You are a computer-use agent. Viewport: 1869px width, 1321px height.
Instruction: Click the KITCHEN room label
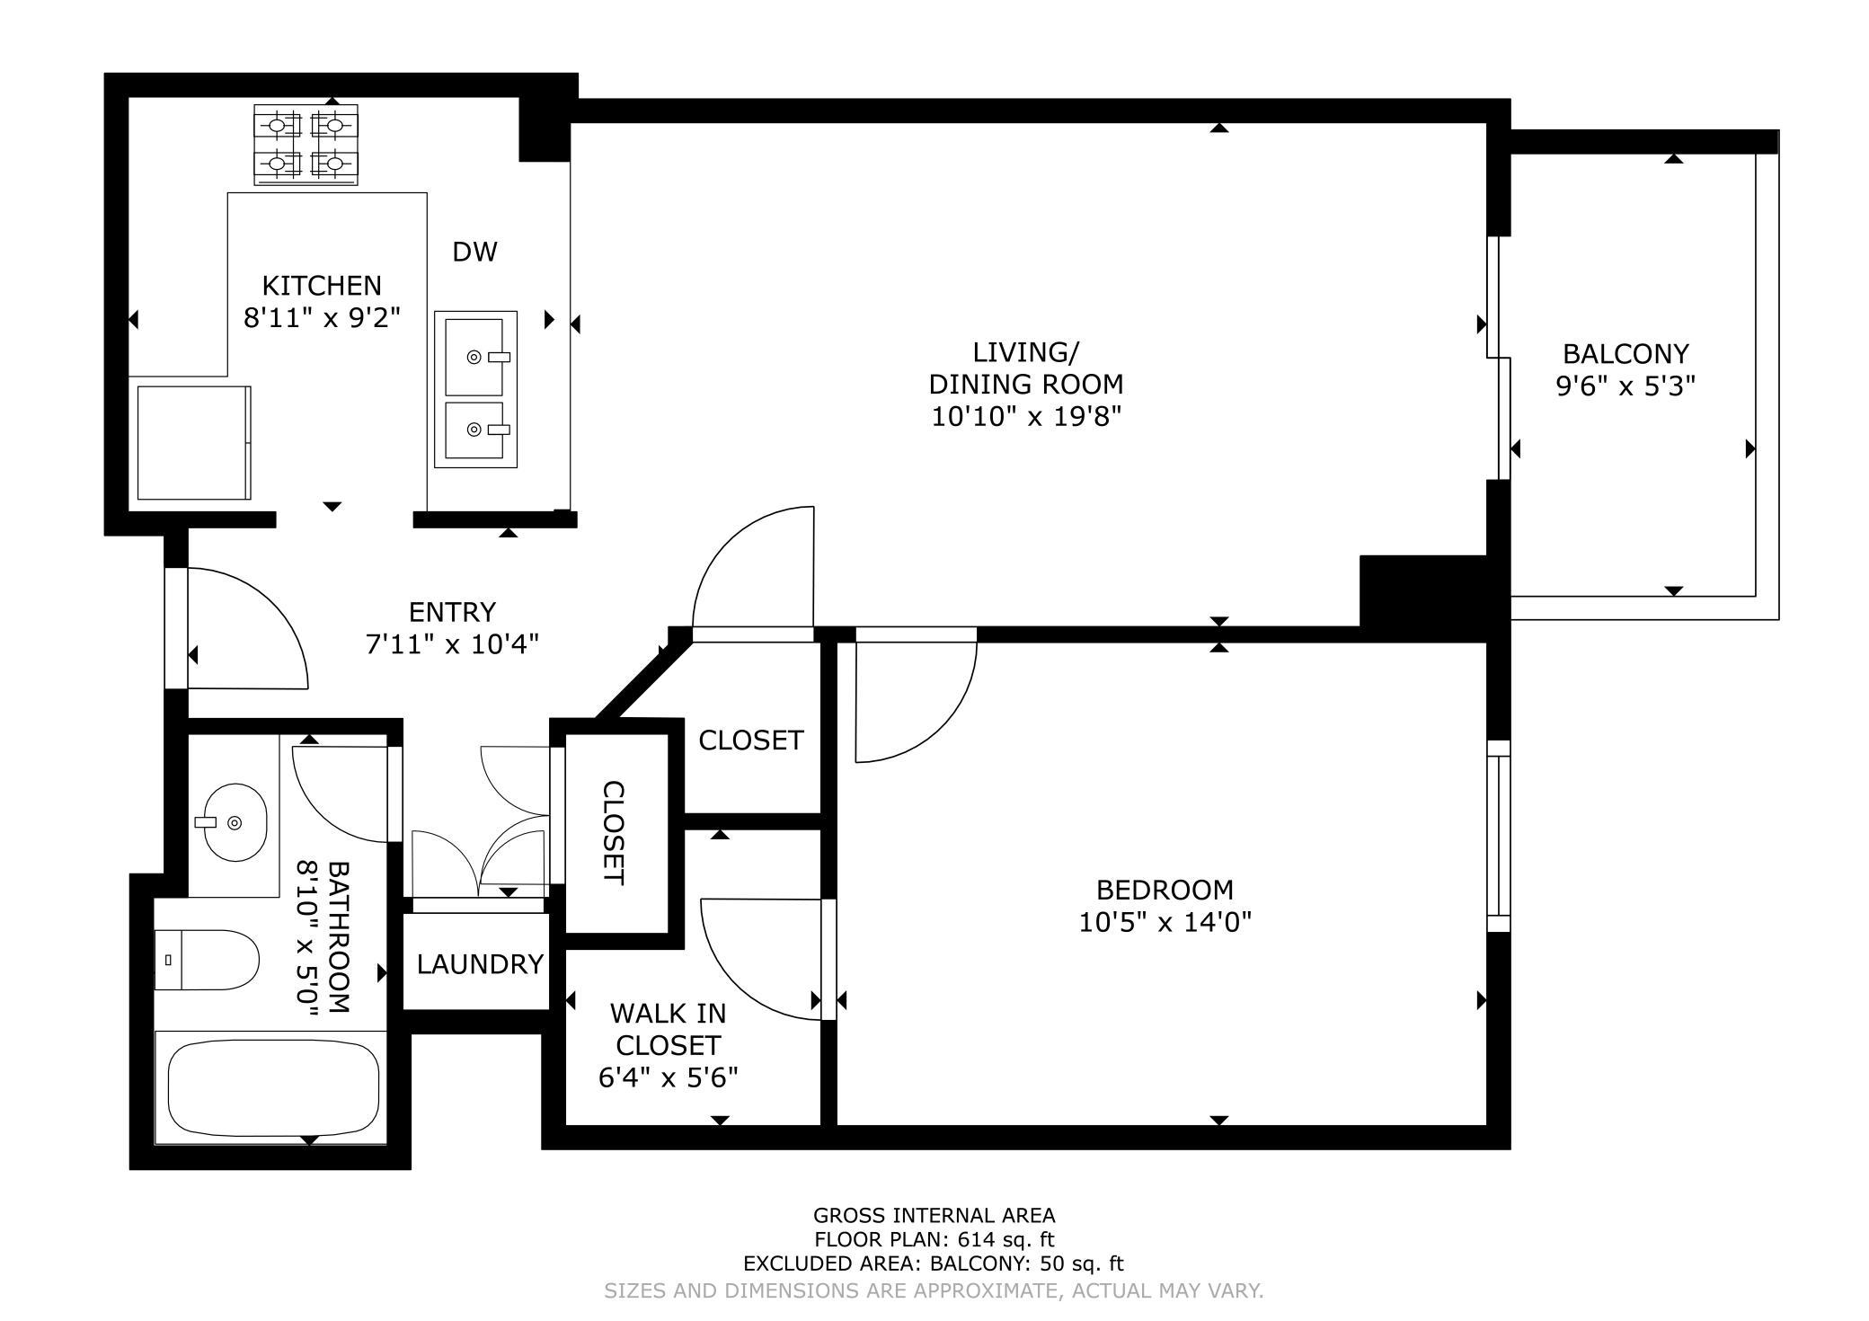(x=322, y=286)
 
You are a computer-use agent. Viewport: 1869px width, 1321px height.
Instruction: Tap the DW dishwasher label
(x=474, y=252)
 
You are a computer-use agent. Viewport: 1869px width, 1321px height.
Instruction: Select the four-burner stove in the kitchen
(x=306, y=145)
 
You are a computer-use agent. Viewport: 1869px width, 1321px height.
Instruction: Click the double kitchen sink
(x=475, y=389)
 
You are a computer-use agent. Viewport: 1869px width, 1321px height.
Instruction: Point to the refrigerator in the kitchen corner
(x=193, y=443)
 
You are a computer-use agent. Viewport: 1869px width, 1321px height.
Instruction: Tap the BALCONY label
(x=1625, y=353)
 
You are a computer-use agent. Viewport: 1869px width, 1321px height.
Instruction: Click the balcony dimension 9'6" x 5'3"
(x=1625, y=386)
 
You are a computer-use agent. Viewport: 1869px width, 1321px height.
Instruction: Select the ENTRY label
(x=452, y=612)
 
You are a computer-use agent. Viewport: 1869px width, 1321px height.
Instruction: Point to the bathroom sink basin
(x=235, y=822)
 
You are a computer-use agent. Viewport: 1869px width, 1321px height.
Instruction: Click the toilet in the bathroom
(x=207, y=960)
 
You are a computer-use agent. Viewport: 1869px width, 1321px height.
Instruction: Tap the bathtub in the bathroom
(x=271, y=1088)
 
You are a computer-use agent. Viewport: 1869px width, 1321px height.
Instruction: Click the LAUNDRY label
(x=480, y=964)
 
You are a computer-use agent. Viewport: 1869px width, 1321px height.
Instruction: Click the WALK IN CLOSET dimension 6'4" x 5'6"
(x=668, y=1077)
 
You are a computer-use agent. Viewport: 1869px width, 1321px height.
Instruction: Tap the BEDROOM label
(x=1165, y=890)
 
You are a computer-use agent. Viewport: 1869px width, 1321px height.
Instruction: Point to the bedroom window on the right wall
(x=1498, y=836)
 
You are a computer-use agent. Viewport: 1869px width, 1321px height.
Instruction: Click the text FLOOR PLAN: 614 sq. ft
(x=934, y=1240)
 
